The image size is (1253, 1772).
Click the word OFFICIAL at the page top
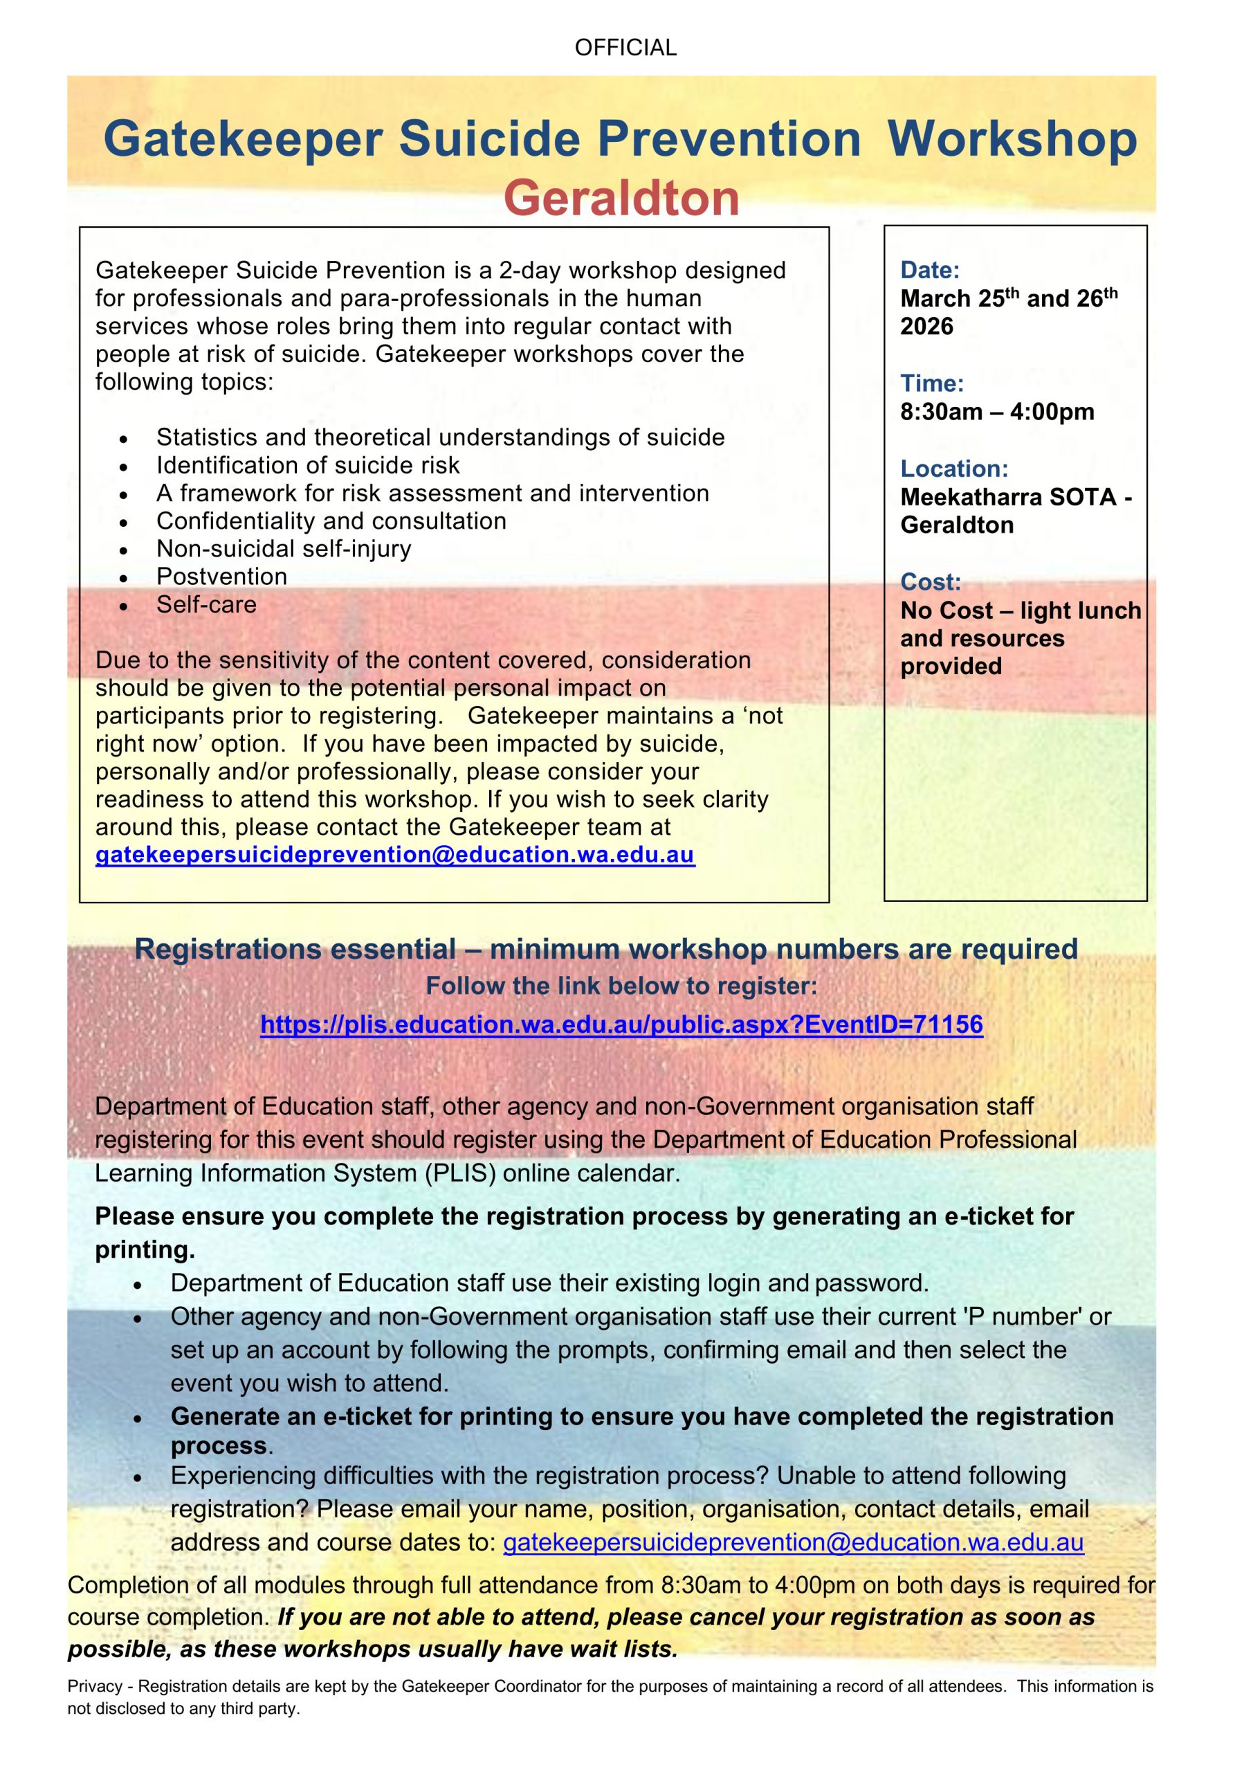pyautogui.click(x=625, y=48)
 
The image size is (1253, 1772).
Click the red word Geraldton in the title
pyautogui.click(x=621, y=199)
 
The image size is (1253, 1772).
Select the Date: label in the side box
pyautogui.click(x=930, y=270)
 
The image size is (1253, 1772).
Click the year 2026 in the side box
pyautogui.click(x=926, y=327)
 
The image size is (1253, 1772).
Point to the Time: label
pyautogui.click(x=931, y=383)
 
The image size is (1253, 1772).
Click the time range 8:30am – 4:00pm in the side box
pyautogui.click(x=997, y=412)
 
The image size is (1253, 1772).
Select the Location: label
pyautogui.click(x=953, y=469)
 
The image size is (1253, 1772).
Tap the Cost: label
pyautogui.click(x=931, y=582)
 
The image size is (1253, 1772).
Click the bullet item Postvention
pyautogui.click(x=221, y=577)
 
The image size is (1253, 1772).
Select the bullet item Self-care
pyautogui.click(x=206, y=604)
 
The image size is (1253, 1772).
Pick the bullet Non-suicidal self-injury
pyautogui.click(x=284, y=549)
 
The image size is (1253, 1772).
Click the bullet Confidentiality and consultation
pyautogui.click(x=331, y=521)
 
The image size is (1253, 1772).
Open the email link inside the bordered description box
pyautogui.click(x=395, y=855)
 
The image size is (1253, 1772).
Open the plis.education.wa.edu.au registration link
pyautogui.click(x=621, y=1024)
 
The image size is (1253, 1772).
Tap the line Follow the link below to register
pyautogui.click(x=621, y=986)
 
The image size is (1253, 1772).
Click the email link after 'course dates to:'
pyautogui.click(x=793, y=1543)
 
